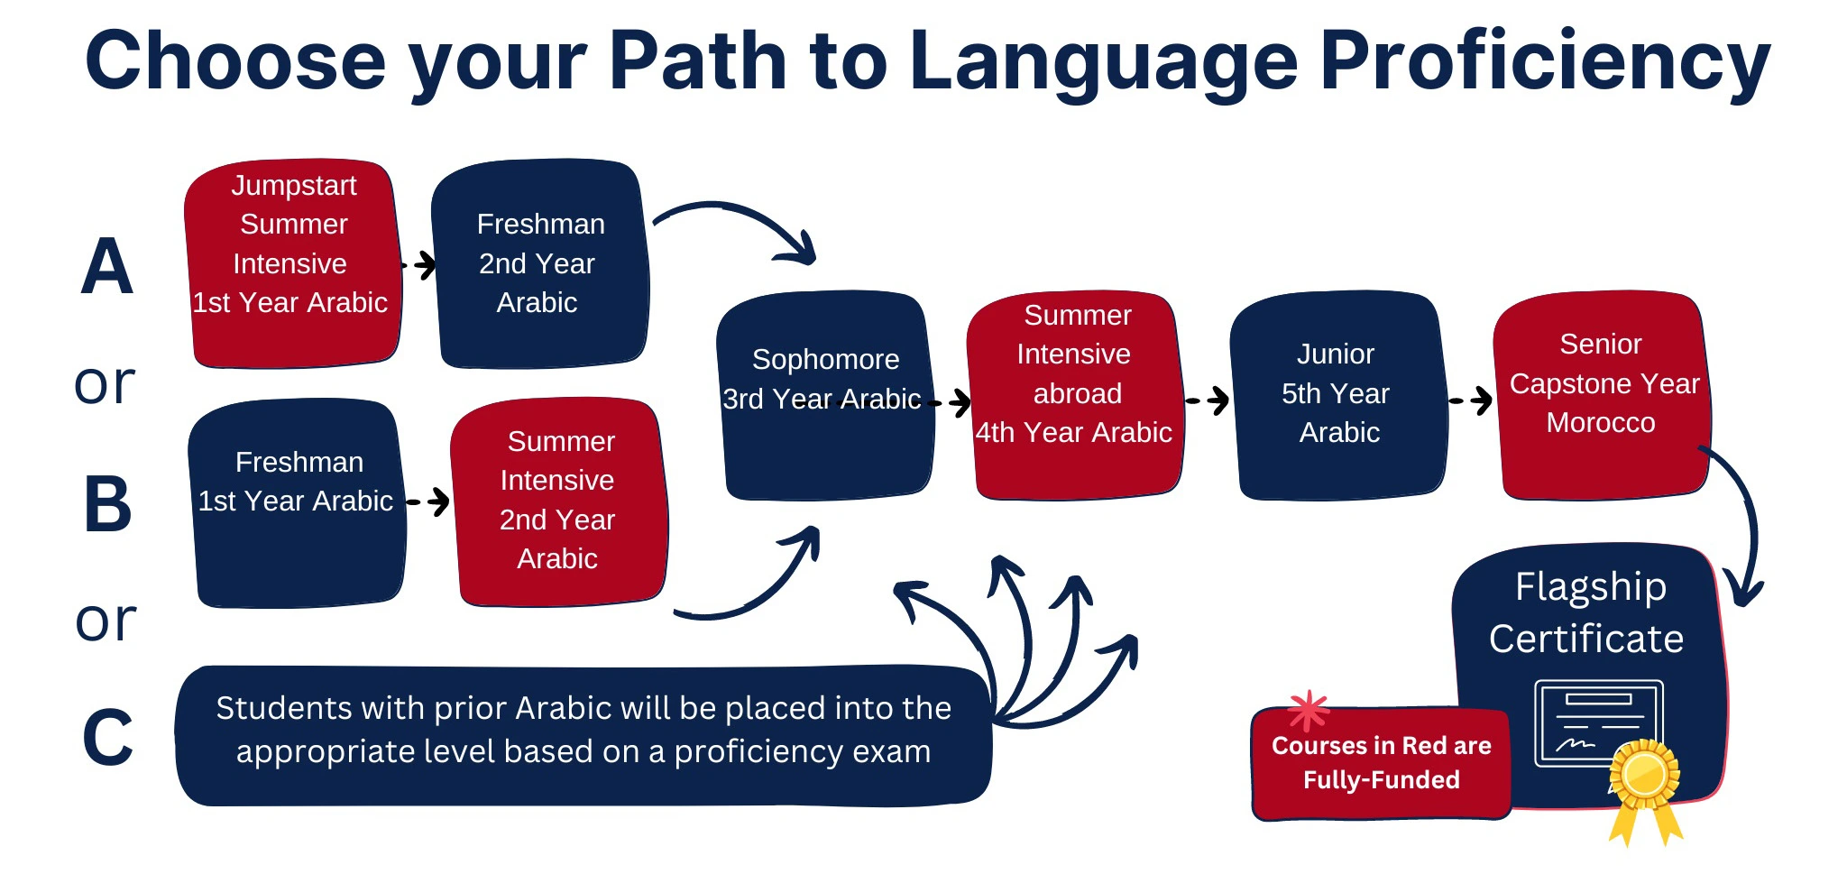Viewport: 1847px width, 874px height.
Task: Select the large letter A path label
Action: [106, 267]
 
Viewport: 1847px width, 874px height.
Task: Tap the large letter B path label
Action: [107, 504]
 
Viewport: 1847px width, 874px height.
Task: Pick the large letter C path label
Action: [107, 738]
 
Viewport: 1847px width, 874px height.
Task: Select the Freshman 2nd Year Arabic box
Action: [539, 263]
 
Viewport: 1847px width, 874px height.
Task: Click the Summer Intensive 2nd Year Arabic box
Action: [559, 501]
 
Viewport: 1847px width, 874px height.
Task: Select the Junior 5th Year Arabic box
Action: [1337, 395]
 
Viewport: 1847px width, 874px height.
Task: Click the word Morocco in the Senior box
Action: [1601, 423]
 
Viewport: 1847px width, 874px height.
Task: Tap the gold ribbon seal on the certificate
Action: [1645, 776]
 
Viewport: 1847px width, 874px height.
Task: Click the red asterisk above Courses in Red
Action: [1309, 710]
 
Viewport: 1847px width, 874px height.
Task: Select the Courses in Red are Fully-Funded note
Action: [1381, 763]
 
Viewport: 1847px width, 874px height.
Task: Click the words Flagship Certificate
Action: [1587, 612]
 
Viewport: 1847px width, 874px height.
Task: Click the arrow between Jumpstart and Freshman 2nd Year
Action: [419, 265]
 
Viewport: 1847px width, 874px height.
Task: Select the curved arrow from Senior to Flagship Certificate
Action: [1745, 523]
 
